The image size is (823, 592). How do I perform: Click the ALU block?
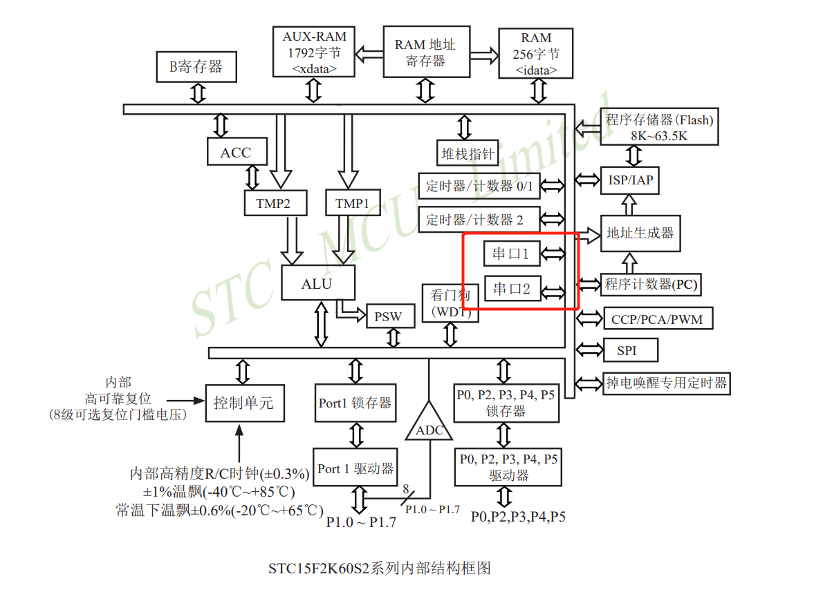[317, 283]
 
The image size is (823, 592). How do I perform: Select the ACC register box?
[236, 152]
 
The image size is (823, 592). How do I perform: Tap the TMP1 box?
[352, 203]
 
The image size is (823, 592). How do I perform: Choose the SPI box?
[627, 350]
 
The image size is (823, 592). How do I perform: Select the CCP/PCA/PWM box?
[657, 319]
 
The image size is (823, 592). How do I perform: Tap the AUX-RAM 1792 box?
[314, 52]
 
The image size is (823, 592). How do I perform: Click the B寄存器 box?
[197, 66]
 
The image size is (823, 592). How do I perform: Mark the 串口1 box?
[510, 254]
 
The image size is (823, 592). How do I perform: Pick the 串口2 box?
[512, 289]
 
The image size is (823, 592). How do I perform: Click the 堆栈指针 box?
[468, 153]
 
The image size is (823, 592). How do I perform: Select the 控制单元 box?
[243, 402]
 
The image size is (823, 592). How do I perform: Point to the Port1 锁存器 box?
[355, 403]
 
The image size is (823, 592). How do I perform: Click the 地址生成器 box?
[640, 233]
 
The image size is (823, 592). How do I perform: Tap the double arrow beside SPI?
[589, 350]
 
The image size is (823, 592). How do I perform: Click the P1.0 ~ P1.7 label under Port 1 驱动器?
[361, 522]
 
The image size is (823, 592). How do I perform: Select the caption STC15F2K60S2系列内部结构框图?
[380, 569]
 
